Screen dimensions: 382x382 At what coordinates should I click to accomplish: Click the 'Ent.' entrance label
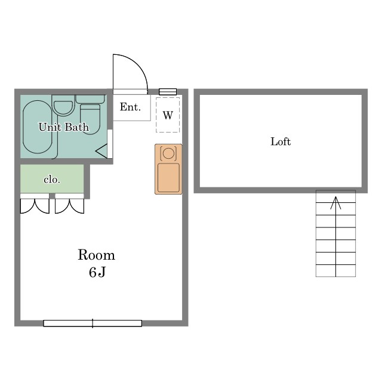pyautogui.click(x=130, y=107)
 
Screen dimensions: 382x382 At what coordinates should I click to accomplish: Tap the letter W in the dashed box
pyautogui.click(x=168, y=115)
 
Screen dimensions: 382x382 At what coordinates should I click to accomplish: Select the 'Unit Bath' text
pyautogui.click(x=64, y=127)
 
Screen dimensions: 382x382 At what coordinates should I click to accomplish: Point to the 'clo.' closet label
pyautogui.click(x=52, y=180)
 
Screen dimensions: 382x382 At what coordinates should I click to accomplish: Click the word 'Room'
pyautogui.click(x=96, y=255)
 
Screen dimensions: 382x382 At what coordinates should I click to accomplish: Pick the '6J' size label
pyautogui.click(x=97, y=272)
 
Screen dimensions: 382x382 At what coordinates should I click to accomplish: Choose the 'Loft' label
pyautogui.click(x=281, y=141)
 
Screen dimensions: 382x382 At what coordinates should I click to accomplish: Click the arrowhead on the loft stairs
pyautogui.click(x=335, y=203)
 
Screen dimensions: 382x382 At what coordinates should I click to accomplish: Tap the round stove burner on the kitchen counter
pyautogui.click(x=168, y=153)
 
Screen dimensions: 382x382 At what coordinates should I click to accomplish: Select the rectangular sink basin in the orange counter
pyautogui.click(x=168, y=178)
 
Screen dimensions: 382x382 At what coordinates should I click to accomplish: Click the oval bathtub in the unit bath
pyautogui.click(x=38, y=127)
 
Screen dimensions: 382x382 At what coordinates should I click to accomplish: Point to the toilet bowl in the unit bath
pyautogui.click(x=90, y=119)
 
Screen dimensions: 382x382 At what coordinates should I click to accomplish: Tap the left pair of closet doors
pyautogui.click(x=35, y=206)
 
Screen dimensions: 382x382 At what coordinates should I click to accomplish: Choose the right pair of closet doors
pyautogui.click(x=70, y=206)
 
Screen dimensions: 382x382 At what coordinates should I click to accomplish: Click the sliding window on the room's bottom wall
pyautogui.click(x=93, y=324)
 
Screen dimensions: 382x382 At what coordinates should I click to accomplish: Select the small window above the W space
pyautogui.click(x=168, y=91)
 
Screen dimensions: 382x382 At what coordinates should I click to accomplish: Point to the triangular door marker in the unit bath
pyautogui.click(x=101, y=151)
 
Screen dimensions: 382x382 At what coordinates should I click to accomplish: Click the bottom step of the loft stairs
pyautogui.click(x=335, y=270)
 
